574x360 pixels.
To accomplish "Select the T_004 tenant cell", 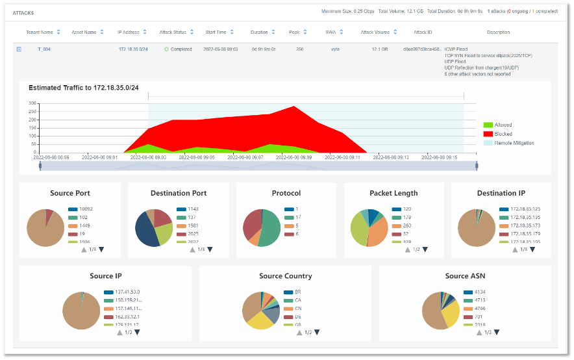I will [45, 49].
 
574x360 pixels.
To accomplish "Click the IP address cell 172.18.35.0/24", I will [132, 49].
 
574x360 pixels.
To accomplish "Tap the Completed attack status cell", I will [181, 49].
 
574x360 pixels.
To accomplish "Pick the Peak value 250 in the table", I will [299, 49].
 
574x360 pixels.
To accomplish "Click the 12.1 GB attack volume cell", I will [379, 49].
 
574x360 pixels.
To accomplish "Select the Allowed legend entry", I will [503, 125].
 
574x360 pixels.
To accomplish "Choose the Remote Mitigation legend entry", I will [514, 143].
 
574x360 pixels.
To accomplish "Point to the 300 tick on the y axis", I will [32, 103].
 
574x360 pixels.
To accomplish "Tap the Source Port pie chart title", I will [70, 193].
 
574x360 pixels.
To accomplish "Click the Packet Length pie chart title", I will [393, 193].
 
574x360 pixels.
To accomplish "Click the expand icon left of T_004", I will [19, 49].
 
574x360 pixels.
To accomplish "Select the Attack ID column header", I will [423, 32].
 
